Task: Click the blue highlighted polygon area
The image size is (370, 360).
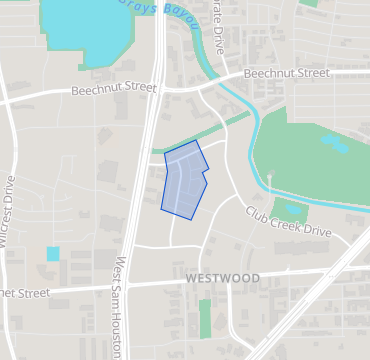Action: [182, 180]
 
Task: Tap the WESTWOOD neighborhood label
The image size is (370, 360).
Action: [222, 277]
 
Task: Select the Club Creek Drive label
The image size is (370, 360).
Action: [288, 222]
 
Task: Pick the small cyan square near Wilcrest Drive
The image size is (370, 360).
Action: [53, 253]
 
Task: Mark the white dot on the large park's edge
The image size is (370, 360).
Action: [269, 177]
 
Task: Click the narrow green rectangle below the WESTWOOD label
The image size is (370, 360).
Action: [205, 318]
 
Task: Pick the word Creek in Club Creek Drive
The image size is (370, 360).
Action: [288, 222]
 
